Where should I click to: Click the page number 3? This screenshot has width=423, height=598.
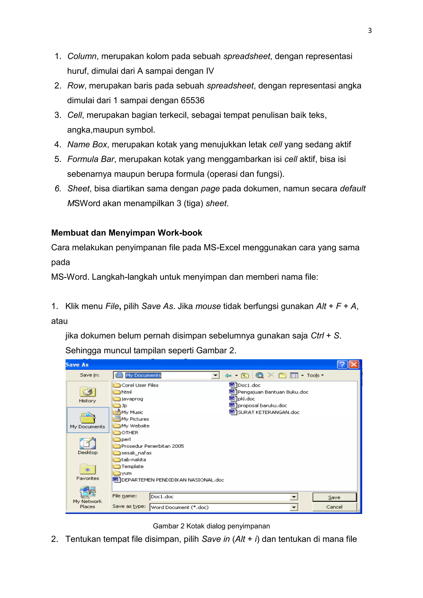370,31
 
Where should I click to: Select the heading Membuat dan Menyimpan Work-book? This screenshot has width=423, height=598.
127,233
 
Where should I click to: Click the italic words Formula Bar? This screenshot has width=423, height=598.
91,159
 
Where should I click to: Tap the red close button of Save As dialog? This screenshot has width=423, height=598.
354,364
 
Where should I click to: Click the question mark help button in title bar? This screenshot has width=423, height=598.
342,364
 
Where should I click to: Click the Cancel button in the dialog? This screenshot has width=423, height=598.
334,507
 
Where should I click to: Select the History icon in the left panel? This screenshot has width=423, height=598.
88,392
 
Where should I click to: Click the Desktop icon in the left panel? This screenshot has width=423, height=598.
88,443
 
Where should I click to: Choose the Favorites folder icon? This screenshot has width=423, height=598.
88,470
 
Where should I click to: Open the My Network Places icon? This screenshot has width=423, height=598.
88,492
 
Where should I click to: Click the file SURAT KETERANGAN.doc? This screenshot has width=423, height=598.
268,412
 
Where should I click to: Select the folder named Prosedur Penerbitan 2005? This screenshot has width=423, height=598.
152,446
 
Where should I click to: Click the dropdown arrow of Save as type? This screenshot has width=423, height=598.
293,507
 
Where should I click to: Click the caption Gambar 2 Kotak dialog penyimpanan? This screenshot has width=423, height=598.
211,526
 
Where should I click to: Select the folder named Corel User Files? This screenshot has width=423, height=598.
140,385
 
